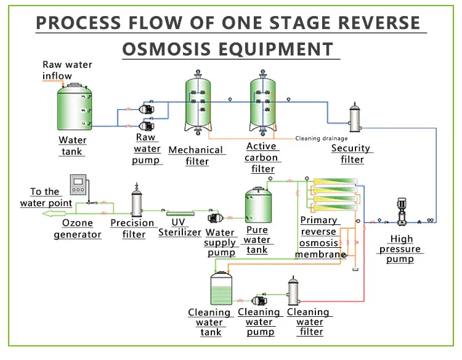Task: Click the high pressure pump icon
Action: (x=402, y=213)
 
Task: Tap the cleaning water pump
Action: (x=257, y=300)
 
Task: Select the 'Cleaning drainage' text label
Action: (x=321, y=139)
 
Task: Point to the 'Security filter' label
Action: (x=352, y=153)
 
